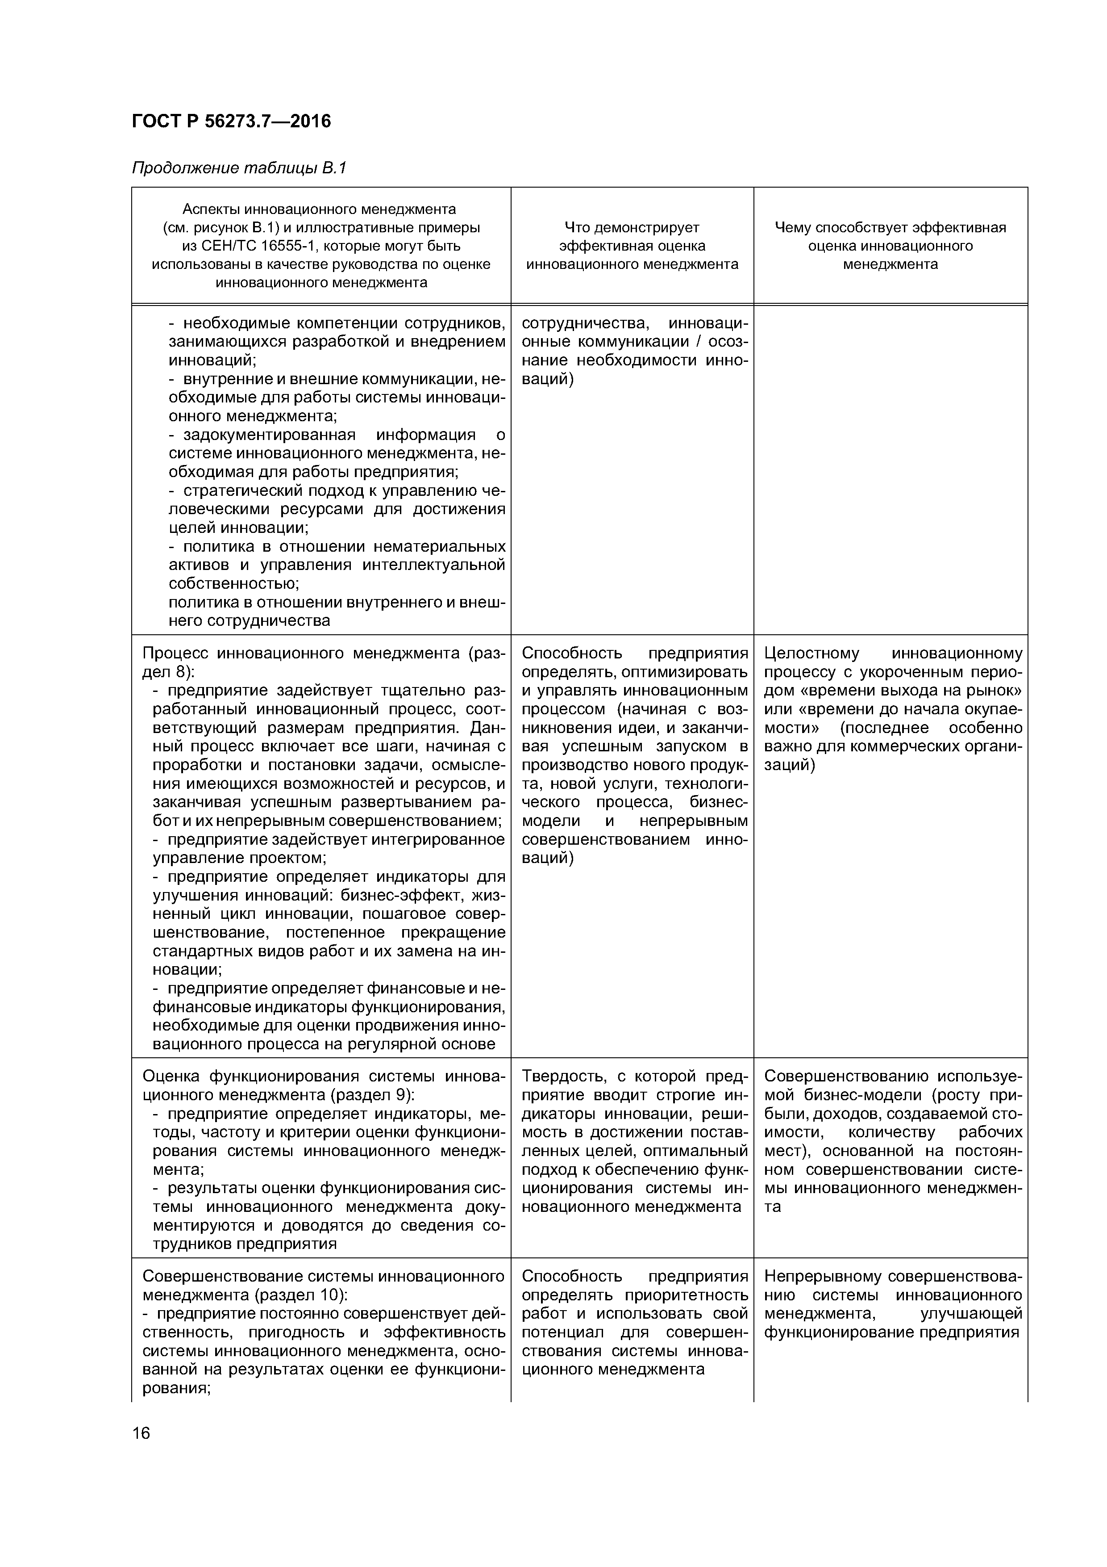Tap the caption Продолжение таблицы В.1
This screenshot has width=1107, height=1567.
point(239,168)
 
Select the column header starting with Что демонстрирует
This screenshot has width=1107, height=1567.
point(632,246)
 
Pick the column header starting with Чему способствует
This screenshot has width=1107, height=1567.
point(890,246)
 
